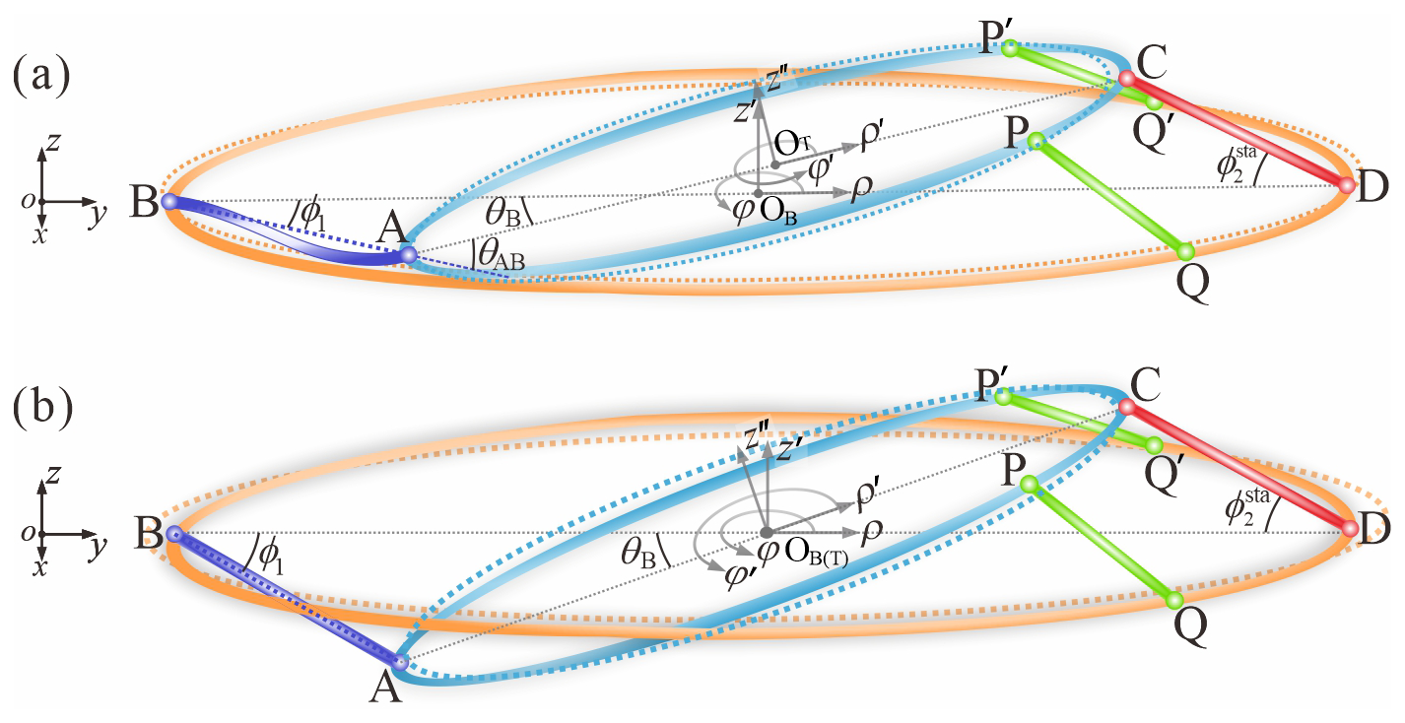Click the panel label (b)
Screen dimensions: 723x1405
pos(38,408)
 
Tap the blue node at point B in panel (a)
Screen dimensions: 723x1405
pos(168,201)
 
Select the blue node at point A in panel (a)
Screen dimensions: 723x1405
pos(409,256)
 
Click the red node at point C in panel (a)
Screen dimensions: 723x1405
pos(1127,78)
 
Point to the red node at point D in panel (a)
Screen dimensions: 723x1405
pos(1347,184)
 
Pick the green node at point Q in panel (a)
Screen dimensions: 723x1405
pos(1185,250)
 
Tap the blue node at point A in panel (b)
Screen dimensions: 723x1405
pos(400,662)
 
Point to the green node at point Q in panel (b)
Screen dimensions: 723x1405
pos(1173,600)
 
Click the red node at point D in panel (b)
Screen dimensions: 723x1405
pos(1349,529)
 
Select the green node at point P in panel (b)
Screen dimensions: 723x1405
pos(1029,484)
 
